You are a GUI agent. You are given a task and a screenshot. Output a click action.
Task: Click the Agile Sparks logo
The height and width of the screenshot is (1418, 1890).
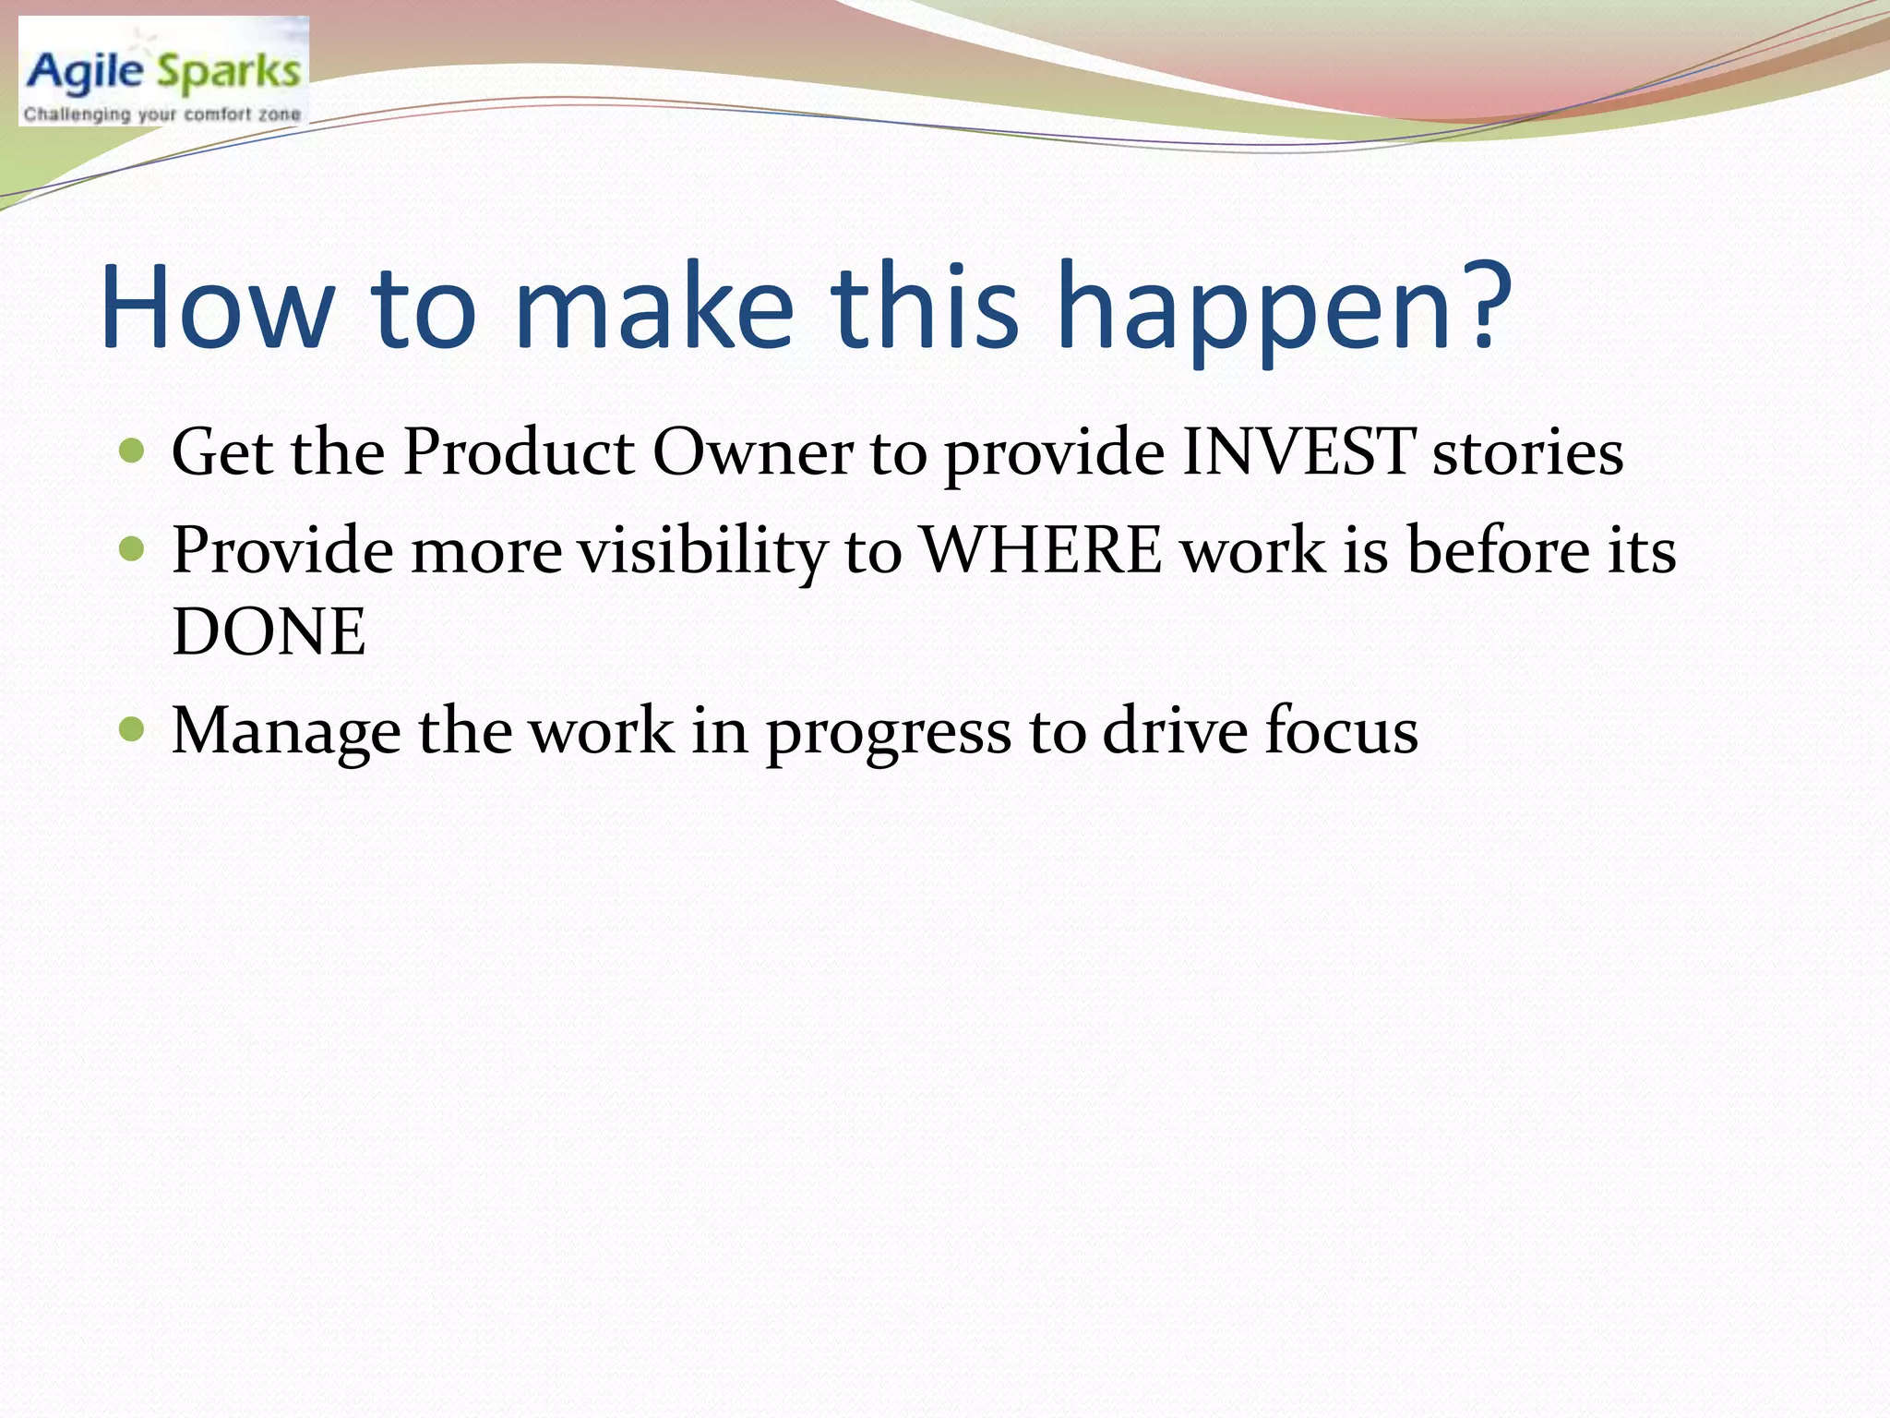163,71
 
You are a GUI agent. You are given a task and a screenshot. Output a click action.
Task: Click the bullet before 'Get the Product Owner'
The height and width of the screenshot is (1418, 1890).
133,451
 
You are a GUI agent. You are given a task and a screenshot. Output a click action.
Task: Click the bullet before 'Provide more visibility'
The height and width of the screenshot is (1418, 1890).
133,550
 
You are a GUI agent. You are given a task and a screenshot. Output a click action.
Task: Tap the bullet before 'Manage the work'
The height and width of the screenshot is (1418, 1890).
133,730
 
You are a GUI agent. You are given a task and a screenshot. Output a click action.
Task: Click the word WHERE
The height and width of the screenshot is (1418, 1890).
1042,551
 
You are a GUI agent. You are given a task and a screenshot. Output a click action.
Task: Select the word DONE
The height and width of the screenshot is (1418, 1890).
269,632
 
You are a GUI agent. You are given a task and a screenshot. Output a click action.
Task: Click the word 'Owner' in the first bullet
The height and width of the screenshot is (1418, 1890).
753,452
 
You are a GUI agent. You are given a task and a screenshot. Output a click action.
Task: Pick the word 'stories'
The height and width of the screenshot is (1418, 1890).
1527,452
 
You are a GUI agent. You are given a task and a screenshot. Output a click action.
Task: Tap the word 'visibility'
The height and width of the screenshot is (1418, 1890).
702,551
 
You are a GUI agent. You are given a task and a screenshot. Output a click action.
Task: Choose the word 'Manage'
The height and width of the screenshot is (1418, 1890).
286,731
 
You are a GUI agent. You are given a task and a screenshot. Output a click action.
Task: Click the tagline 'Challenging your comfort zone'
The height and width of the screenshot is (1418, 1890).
162,114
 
